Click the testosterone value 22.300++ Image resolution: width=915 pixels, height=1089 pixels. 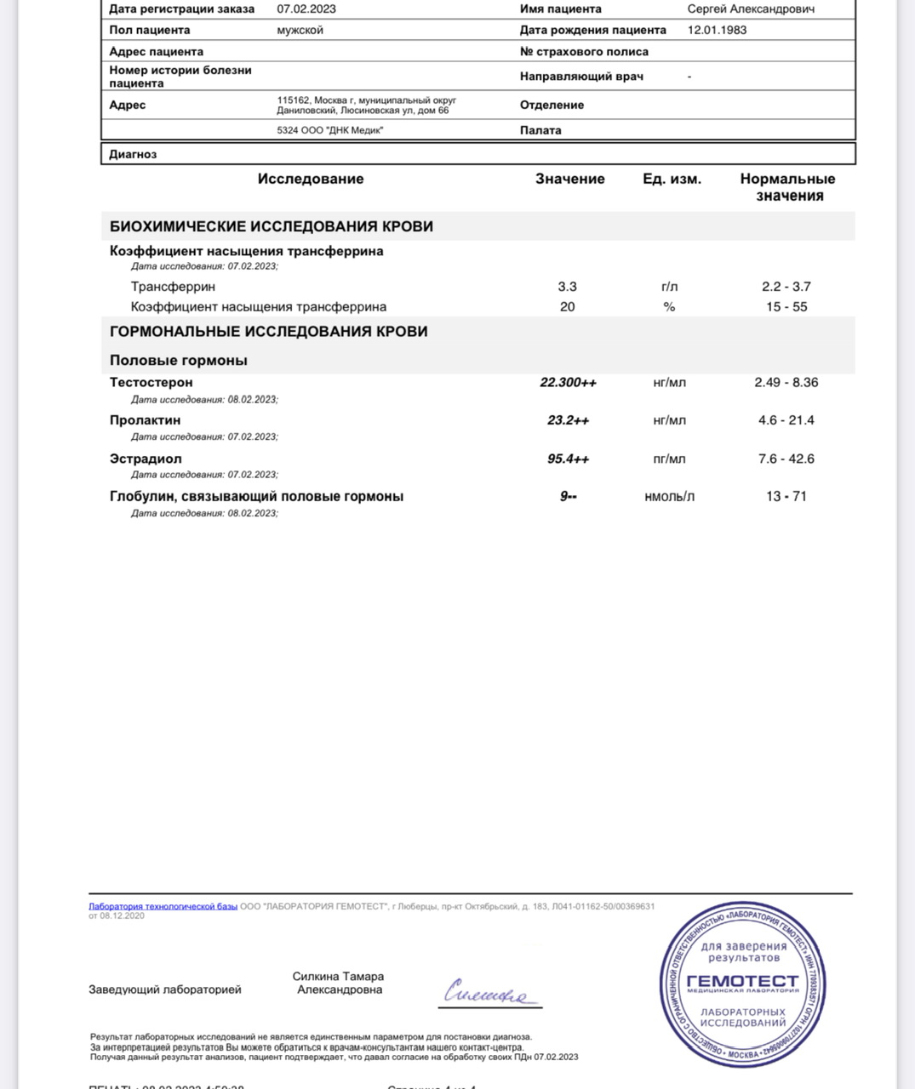(x=568, y=383)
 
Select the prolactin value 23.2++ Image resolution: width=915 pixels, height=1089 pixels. (x=568, y=420)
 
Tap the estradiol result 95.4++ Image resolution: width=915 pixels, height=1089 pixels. (x=568, y=459)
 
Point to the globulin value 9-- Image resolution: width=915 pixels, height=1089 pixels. (x=568, y=497)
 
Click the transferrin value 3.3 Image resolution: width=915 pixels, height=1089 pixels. (x=567, y=287)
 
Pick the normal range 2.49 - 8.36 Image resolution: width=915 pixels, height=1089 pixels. (x=786, y=383)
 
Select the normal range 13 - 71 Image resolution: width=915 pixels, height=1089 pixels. (x=786, y=497)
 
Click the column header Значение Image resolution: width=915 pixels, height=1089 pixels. (x=569, y=180)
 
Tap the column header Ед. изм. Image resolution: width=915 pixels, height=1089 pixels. (x=672, y=180)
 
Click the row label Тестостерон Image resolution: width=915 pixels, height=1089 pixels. (x=152, y=383)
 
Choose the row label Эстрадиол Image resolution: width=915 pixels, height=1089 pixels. (x=146, y=459)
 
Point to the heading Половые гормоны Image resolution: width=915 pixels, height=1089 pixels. (x=179, y=361)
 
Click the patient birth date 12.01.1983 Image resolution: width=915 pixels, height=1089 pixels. (x=717, y=30)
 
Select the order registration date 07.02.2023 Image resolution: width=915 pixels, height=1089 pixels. (x=306, y=9)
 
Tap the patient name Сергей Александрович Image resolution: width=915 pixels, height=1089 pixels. (x=751, y=9)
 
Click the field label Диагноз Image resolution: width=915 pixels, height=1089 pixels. (x=133, y=155)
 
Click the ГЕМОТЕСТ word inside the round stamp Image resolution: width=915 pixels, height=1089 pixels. (x=742, y=981)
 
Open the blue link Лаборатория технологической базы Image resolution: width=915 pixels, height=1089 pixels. (x=163, y=907)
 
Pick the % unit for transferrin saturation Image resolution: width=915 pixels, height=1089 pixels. (x=669, y=307)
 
